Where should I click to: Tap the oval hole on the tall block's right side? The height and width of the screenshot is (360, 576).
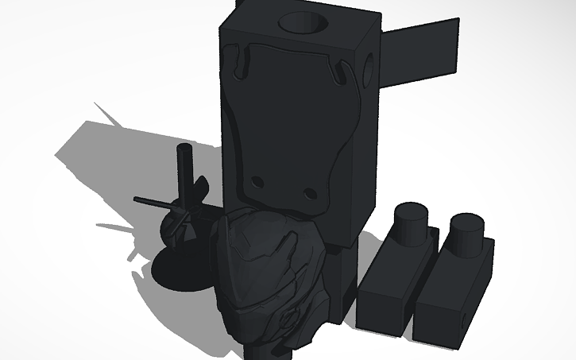(369, 69)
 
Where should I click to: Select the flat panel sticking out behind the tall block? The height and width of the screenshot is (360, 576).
(421, 52)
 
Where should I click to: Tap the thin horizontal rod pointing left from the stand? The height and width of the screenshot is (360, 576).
(151, 201)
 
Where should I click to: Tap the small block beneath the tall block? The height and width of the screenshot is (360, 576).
(340, 282)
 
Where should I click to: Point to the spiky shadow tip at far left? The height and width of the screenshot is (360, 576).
(96, 105)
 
